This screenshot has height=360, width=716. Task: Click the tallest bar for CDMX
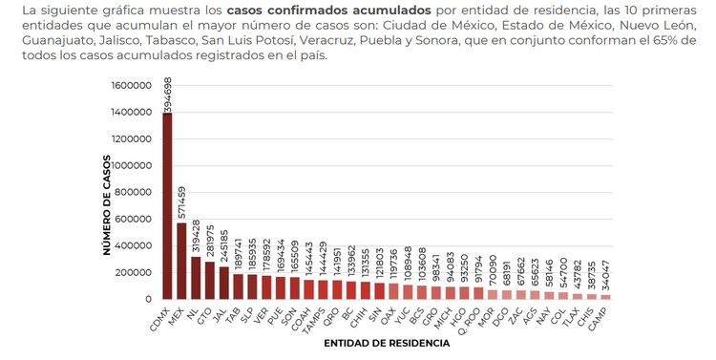168,205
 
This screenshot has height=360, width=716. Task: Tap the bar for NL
196,278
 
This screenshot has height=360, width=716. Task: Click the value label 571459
182,201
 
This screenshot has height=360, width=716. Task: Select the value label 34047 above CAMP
604,276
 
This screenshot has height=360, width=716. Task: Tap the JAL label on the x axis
221,311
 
